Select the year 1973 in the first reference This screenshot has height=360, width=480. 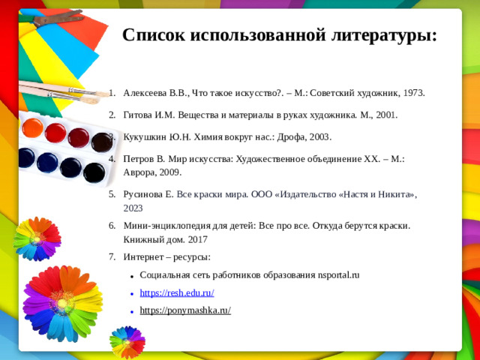pyautogui.click(x=413, y=94)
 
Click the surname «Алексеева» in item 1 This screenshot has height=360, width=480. pyautogui.click(x=146, y=94)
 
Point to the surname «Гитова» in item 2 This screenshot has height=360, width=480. pyautogui.click(x=139, y=115)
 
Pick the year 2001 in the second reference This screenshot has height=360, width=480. pyautogui.click(x=385, y=115)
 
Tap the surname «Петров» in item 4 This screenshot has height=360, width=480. pyautogui.click(x=139, y=159)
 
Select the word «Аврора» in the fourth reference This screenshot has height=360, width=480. pyautogui.click(x=141, y=172)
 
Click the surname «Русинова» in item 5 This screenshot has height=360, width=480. pyautogui.click(x=144, y=194)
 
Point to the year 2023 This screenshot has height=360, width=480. pyautogui.click(x=134, y=208)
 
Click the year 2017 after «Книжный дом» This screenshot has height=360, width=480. pyautogui.click(x=197, y=240)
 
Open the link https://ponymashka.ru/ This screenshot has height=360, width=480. pyautogui.click(x=185, y=310)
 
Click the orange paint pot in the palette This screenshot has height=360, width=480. pyautogui.click(x=32, y=128)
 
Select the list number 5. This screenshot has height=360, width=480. pyautogui.click(x=111, y=194)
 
